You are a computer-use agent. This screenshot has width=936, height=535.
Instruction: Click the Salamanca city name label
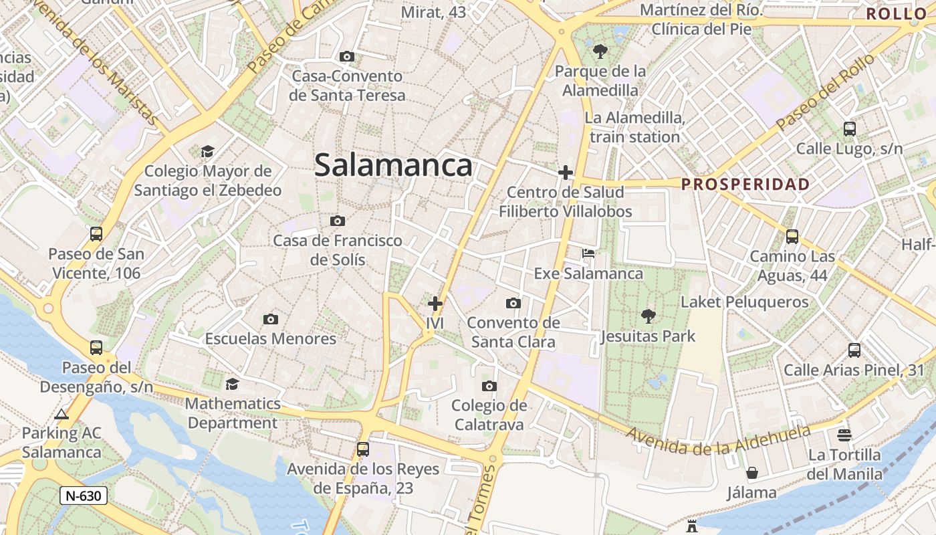[393, 165]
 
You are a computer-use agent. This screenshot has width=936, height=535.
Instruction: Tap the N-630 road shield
[84, 496]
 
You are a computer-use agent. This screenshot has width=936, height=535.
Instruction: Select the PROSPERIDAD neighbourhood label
[745, 185]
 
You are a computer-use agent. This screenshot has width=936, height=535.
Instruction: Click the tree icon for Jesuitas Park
[648, 316]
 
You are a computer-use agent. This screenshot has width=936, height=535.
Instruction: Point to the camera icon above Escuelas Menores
[271, 319]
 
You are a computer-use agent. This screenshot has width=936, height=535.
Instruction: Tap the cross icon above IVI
[435, 304]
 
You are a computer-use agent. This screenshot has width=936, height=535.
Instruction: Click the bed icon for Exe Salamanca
[588, 253]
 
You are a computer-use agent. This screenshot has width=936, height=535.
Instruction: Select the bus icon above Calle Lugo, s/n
[849, 129]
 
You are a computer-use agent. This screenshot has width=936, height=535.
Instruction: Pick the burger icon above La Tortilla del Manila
[844, 435]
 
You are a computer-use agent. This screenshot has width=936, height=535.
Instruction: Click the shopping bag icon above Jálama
[752, 473]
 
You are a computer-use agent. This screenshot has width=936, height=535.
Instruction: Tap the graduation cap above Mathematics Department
[232, 384]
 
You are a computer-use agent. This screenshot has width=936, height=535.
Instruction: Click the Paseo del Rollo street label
[826, 92]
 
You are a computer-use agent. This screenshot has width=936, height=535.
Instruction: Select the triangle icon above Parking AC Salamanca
[62, 414]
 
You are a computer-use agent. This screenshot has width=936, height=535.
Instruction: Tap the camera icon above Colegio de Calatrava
[489, 386]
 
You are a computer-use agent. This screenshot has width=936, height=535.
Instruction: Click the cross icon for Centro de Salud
[566, 173]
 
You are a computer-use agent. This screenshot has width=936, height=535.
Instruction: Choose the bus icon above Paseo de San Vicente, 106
[96, 234]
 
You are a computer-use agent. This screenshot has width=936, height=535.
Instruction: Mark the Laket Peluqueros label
[744, 302]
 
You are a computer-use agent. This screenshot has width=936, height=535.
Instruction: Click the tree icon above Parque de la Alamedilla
[600, 51]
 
